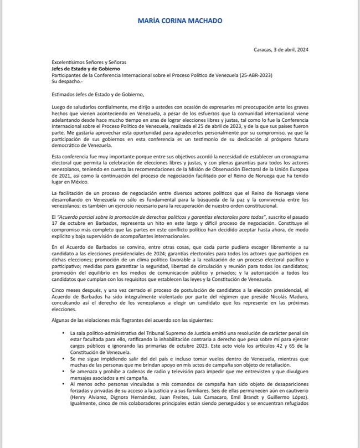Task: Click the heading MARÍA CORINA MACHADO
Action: (x=180, y=21)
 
